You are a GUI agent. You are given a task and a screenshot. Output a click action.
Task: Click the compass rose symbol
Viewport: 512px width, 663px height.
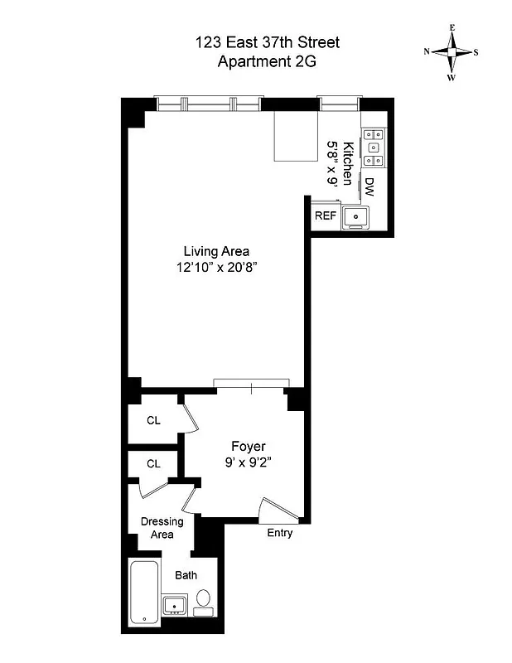click(x=452, y=52)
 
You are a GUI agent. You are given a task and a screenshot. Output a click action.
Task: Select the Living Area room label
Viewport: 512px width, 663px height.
click(x=216, y=251)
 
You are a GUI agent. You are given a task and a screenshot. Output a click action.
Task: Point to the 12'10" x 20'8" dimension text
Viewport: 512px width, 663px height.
click(x=216, y=267)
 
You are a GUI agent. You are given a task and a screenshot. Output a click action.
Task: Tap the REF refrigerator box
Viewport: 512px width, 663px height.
click(x=323, y=215)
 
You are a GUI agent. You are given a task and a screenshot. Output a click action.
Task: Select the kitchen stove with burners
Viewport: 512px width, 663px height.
click(x=372, y=147)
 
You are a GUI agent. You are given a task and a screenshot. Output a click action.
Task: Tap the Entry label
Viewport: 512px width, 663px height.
click(x=279, y=533)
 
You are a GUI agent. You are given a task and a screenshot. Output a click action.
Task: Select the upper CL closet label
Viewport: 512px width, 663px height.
click(x=154, y=420)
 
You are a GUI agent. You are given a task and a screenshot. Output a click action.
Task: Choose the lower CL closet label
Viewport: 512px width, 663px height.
click(x=154, y=463)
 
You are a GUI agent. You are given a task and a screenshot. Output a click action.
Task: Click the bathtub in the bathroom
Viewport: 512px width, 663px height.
click(x=145, y=591)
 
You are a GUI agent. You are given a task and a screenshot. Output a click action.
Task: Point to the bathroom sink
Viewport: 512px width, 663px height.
click(x=174, y=605)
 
